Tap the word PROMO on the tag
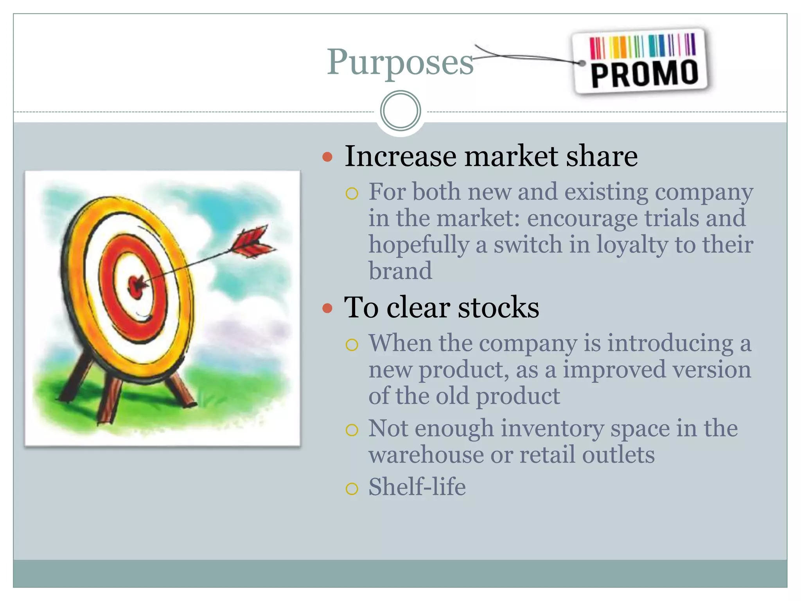[x=644, y=74]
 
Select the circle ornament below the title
[x=400, y=111]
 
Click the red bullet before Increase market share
[x=327, y=157]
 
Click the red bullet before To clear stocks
[x=327, y=308]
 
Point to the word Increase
[x=400, y=156]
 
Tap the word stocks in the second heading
[x=498, y=308]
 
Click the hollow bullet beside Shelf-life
[x=352, y=488]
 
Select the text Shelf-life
[x=417, y=487]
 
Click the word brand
[x=400, y=271]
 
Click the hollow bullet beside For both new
[x=352, y=193]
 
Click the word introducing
[x=670, y=343]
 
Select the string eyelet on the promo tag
[x=582, y=63]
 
